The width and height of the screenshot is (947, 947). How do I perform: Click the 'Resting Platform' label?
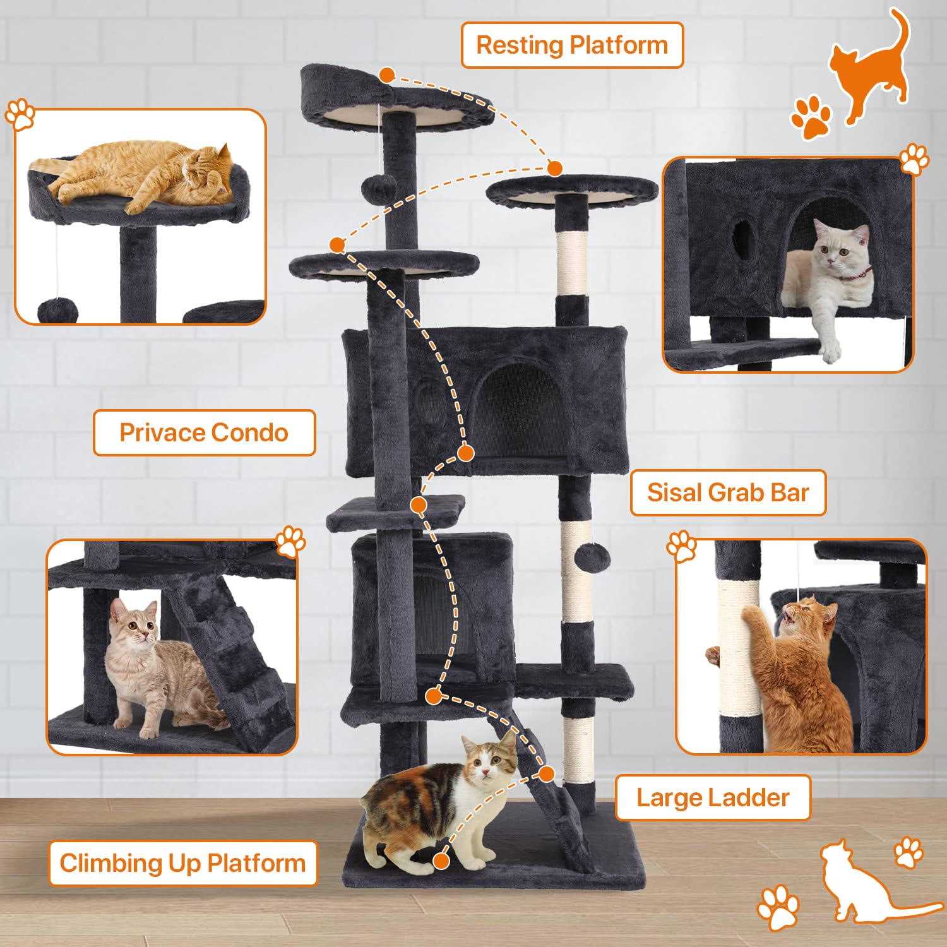572,45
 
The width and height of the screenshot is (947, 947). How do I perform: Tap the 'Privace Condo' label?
204,432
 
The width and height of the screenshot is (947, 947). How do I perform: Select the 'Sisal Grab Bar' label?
728,492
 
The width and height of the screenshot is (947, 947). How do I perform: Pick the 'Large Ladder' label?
713,797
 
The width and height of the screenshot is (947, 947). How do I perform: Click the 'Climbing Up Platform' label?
182,863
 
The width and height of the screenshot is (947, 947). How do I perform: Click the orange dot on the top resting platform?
386,76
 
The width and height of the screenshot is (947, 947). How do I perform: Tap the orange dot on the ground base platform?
441,859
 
